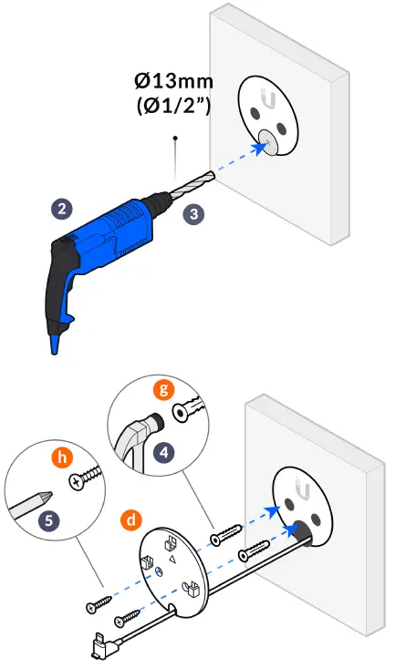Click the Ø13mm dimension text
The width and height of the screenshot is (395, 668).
tap(173, 80)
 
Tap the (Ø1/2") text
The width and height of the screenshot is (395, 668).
tap(174, 105)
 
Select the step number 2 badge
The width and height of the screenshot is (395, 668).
tap(62, 209)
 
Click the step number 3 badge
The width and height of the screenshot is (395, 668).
tap(194, 213)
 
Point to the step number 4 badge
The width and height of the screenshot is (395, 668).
tap(164, 452)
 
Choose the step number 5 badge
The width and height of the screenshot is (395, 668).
tap(48, 520)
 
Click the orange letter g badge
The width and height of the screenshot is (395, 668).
tap(164, 389)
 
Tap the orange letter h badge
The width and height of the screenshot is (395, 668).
tap(62, 457)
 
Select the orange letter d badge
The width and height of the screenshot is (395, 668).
tap(131, 519)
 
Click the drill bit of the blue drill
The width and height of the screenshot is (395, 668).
tap(192, 184)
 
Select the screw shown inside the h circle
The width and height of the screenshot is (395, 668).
tap(86, 477)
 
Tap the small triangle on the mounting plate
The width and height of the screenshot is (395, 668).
tap(172, 558)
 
